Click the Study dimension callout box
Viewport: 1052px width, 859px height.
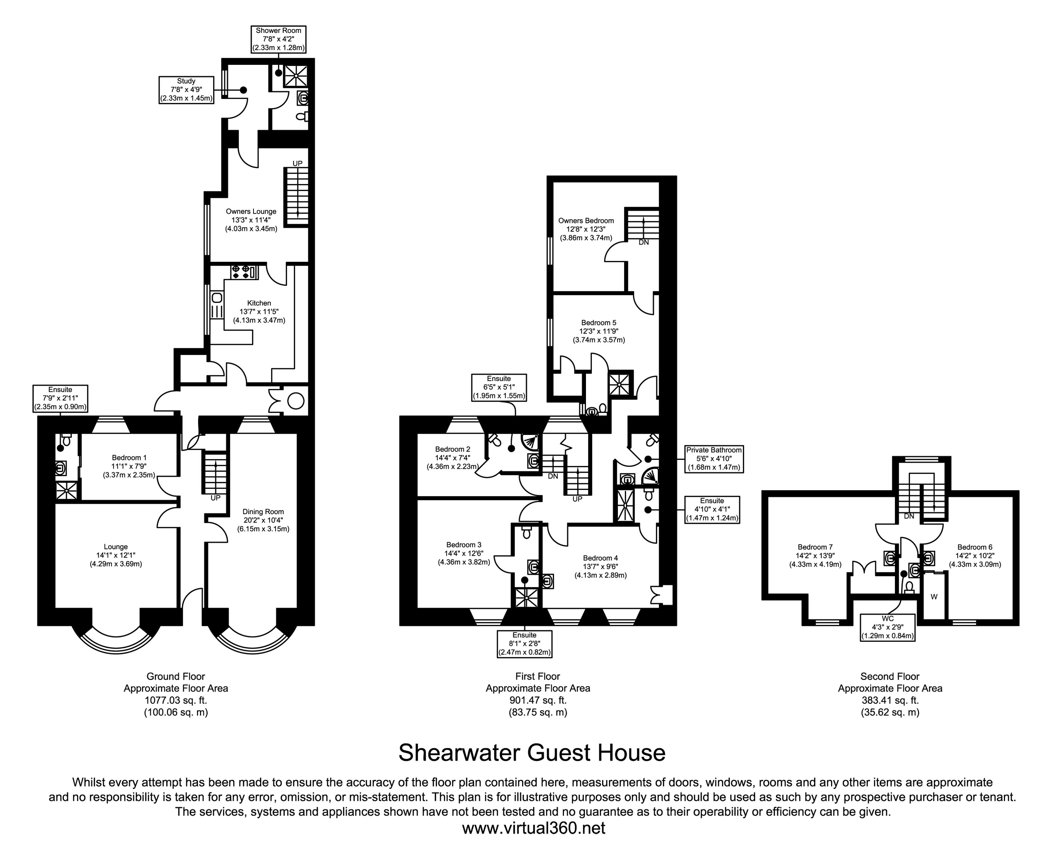tap(186, 90)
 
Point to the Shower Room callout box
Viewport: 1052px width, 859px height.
tap(278, 39)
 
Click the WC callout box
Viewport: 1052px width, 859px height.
tap(888, 627)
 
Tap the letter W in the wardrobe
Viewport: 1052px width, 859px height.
tap(934, 597)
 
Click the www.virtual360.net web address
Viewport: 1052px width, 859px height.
tap(533, 828)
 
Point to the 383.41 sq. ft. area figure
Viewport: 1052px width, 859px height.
tap(890, 700)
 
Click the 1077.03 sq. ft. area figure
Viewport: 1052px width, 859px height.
tap(176, 700)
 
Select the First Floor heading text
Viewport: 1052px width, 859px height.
tap(538, 676)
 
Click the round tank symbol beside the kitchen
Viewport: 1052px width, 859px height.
tap(296, 401)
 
